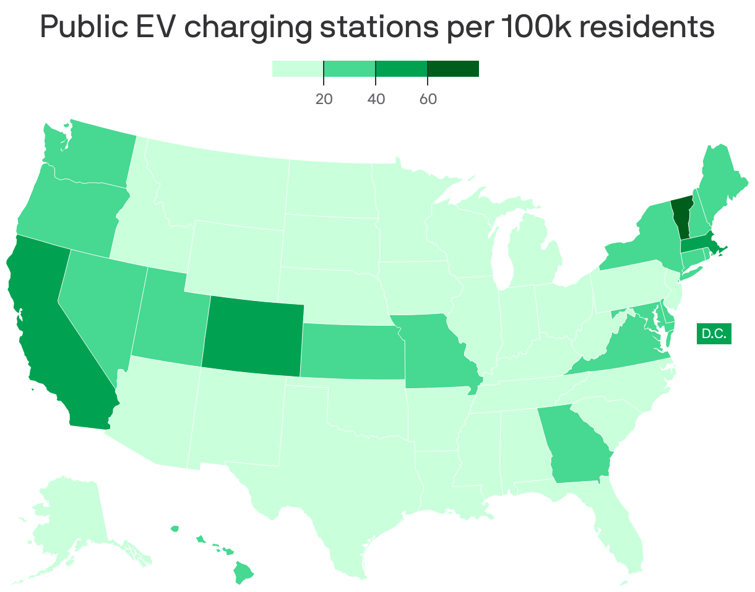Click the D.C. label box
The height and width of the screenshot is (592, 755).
tap(714, 334)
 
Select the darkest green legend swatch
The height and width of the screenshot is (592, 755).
tap(452, 69)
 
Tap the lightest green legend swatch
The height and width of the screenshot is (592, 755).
tap(297, 69)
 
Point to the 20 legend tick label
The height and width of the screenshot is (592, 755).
tap(324, 99)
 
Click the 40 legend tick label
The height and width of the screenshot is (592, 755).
tap(376, 99)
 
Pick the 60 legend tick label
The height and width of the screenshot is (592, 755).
tap(428, 99)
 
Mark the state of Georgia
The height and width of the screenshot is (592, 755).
tap(576, 446)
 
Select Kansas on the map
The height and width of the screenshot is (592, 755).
tap(350, 350)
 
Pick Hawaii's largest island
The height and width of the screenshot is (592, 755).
tap(244, 572)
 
